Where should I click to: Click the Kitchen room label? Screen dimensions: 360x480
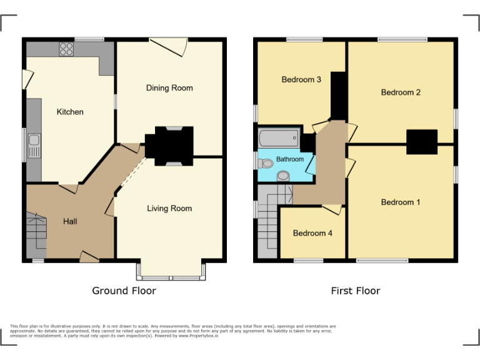pos(70,112)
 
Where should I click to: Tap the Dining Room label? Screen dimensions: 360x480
pos(169,88)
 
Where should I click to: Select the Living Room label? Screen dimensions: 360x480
pos(169,209)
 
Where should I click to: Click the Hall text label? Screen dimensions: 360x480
pos(70,221)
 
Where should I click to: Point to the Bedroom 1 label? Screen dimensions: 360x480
pos(401,202)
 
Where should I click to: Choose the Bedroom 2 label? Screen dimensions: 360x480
pos(401,92)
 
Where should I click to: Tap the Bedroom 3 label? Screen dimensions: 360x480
pos(301,80)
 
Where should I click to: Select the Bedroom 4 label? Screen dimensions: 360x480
pos(312,233)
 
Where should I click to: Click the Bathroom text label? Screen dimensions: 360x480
pos(290,159)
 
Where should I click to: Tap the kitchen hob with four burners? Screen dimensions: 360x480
pos(66,48)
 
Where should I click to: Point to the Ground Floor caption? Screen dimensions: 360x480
pos(124,291)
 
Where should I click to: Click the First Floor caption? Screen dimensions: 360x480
pos(356,291)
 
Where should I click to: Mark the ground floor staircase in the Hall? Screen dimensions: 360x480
pos(37,234)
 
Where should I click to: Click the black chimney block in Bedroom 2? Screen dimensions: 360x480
pos(421,141)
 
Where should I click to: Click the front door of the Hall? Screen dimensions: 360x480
pos(89,256)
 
